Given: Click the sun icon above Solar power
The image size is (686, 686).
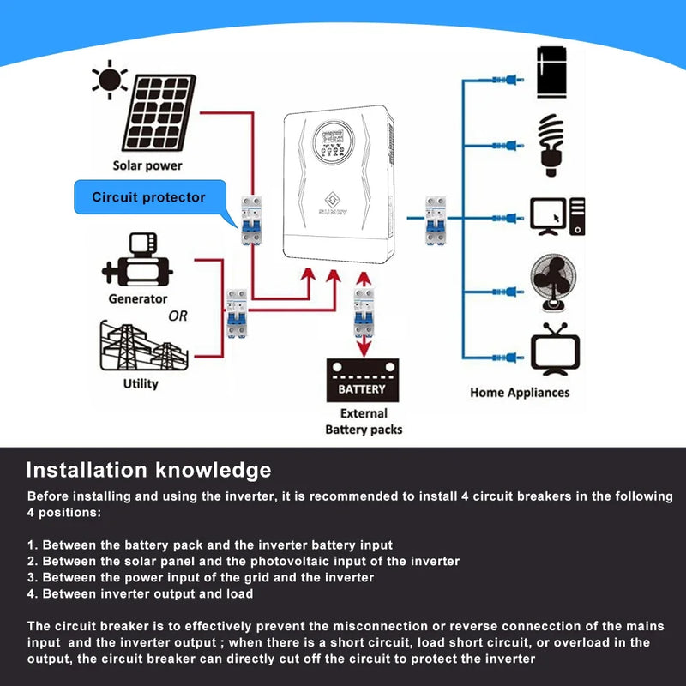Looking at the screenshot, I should (x=110, y=80).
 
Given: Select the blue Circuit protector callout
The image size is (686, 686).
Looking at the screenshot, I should (x=150, y=197).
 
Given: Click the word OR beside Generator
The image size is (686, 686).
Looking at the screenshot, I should (x=178, y=316).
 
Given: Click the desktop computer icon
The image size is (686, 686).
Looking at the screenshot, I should (x=557, y=216).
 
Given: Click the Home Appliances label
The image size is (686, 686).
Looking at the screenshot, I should (x=520, y=392).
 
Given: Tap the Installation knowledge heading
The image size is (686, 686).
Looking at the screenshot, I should (x=148, y=470).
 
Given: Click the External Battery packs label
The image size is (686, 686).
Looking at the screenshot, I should (x=364, y=421).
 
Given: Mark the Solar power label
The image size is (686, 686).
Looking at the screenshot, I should (x=147, y=165).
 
